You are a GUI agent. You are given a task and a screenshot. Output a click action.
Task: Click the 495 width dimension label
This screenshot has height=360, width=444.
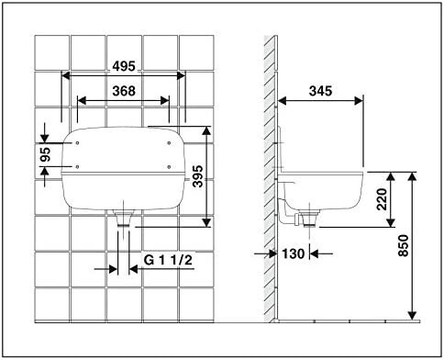pyautogui.click(x=124, y=66)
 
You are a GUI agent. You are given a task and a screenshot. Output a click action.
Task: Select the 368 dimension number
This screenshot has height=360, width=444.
pyautogui.click(x=124, y=91)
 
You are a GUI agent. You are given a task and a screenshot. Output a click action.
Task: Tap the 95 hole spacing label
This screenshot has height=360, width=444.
pyautogui.click(x=45, y=154)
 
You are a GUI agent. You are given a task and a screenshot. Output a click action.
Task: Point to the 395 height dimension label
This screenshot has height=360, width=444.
pyautogui.click(x=198, y=176)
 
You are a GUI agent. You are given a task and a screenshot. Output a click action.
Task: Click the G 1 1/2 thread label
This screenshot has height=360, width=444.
pyautogui.click(x=168, y=260)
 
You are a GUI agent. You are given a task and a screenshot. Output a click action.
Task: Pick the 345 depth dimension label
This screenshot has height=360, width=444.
pyautogui.click(x=320, y=91)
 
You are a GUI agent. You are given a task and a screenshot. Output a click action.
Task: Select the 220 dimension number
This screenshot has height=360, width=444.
pyautogui.click(x=382, y=199)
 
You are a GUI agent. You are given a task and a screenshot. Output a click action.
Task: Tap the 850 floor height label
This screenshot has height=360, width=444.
pyautogui.click(x=404, y=245)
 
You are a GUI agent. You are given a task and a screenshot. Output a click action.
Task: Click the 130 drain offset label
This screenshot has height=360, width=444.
pyautogui.click(x=294, y=253)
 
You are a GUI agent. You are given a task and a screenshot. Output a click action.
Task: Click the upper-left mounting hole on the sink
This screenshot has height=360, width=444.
pyautogui.click(x=77, y=143)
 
